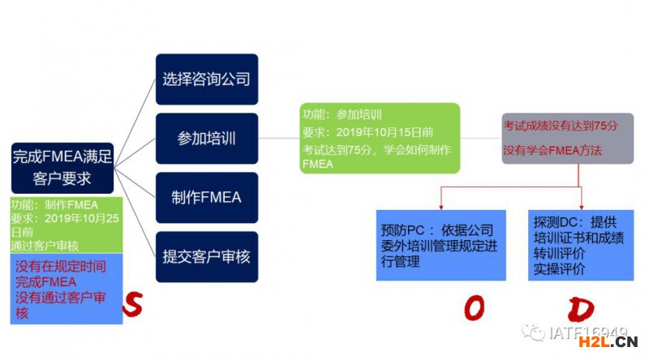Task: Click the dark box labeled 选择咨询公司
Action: [x=206, y=79]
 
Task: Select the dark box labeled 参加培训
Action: [x=206, y=138]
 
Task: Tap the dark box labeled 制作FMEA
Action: [x=206, y=197]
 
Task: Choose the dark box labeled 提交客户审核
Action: [x=206, y=256]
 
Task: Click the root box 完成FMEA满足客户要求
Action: [x=62, y=166]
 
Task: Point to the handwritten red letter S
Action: [x=133, y=305]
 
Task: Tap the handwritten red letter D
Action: [x=582, y=309]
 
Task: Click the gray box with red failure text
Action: [x=567, y=138]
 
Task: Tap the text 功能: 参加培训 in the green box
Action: [x=342, y=114]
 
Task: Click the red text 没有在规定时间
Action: [x=60, y=266]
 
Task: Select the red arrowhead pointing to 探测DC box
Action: [x=581, y=205]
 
